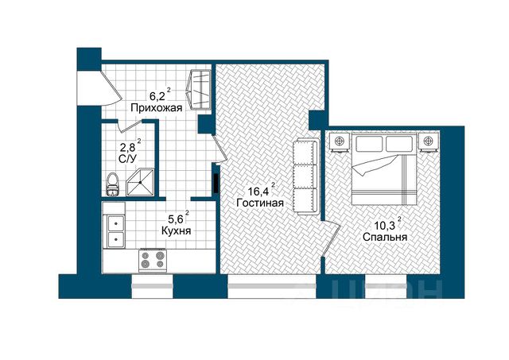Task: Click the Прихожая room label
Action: pos(157,107)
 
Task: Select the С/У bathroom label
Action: pos(128,159)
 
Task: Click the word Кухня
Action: pos(176,230)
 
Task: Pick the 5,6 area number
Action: pos(174,220)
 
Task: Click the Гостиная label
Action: pos(260,203)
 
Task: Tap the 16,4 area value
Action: pos(258,192)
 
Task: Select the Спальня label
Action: pos(385,237)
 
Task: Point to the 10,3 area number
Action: pos(385,226)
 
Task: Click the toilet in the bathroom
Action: pos(112,184)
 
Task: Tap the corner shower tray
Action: pos(140,182)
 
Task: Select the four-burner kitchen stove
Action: pos(153,261)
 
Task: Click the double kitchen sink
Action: pos(115,230)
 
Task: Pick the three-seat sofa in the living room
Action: pos(306,176)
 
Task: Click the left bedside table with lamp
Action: pos(340,141)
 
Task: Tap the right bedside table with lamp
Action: pos(428,141)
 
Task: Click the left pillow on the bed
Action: pos(370,143)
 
